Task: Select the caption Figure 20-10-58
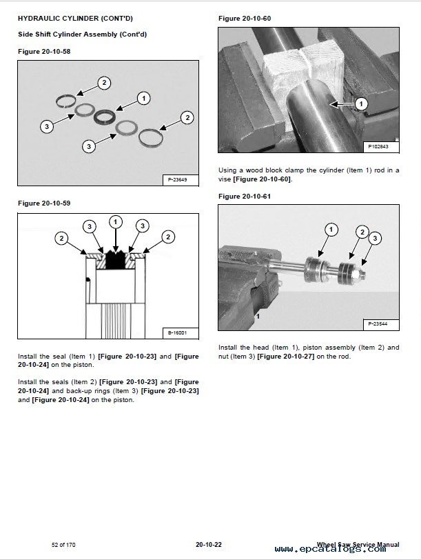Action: (43, 51)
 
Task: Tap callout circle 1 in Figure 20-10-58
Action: (143, 98)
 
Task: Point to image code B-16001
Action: (178, 333)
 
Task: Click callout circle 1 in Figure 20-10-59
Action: (116, 221)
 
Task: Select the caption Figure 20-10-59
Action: (43, 203)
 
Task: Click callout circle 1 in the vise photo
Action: (362, 104)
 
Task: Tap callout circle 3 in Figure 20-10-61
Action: (374, 239)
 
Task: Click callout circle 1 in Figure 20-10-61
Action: (331, 229)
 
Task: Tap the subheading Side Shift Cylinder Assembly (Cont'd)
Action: (82, 34)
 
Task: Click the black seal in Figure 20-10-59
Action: (115, 260)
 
